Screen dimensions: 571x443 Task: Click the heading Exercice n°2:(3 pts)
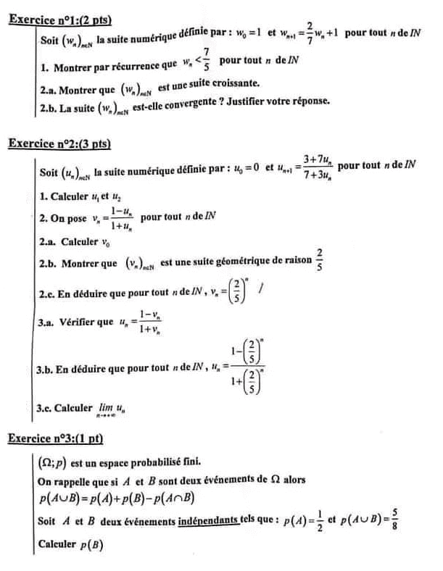coord(59,143)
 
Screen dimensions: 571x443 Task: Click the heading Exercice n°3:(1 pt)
coord(55,438)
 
